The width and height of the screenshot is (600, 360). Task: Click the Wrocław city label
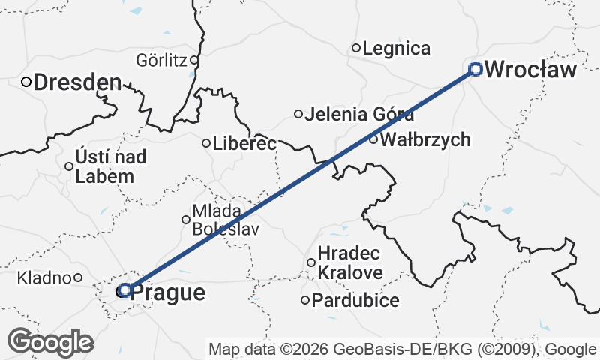point(531,70)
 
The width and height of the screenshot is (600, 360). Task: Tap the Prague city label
point(167,292)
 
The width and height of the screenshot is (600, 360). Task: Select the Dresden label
point(76,82)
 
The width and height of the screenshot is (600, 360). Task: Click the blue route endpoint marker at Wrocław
point(475,69)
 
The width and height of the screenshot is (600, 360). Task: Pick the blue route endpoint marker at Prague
point(125,289)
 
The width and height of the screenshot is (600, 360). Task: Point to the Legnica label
point(396,49)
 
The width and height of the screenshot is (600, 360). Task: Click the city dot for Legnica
point(357,48)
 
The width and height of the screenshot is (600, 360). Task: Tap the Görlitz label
point(161,60)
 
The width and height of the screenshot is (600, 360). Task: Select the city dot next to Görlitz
point(193,60)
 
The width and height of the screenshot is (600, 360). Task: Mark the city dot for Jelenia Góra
point(298,114)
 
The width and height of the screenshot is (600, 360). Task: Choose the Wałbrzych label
point(425,139)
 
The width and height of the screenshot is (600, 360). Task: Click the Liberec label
point(244,142)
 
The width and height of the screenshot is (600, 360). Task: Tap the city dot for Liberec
point(206,142)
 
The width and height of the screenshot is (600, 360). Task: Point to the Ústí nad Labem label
point(105,166)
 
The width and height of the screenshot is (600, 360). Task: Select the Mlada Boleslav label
point(226,220)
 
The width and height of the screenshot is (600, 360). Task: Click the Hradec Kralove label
point(350,262)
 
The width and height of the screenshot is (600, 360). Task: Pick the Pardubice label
point(355,301)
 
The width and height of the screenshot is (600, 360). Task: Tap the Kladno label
point(45,277)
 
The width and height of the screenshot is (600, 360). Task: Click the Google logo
point(50,342)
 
